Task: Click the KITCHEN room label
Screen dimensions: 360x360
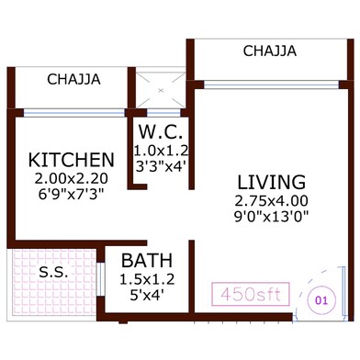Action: [x=71, y=159]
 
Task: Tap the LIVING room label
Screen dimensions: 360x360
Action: [x=270, y=180]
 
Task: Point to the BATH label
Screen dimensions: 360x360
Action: [x=145, y=261]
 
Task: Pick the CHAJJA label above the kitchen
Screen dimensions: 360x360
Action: [x=73, y=80]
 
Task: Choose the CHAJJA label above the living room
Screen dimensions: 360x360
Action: [x=269, y=51]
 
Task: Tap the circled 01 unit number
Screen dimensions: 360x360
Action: [x=321, y=298]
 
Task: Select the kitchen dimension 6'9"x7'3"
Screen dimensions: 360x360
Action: [x=71, y=195]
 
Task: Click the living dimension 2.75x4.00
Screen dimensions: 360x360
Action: [x=270, y=200]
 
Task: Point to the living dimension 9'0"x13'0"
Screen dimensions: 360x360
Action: [x=270, y=218]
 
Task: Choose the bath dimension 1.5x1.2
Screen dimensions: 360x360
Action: [x=146, y=278]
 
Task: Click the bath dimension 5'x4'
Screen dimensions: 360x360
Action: [x=146, y=295]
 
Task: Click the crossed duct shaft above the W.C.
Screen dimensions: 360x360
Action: [x=162, y=91]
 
